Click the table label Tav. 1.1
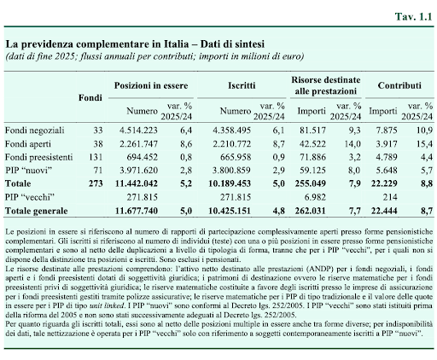click(413, 17)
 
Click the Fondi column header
click(90, 98)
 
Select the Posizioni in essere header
click(151, 85)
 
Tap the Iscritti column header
click(242, 85)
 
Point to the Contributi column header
click(399, 85)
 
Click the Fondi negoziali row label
click(35, 131)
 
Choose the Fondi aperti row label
click(28, 144)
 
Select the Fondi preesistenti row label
click(39, 157)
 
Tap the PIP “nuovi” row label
click(29, 171)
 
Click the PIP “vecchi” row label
click(30, 197)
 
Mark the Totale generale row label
click(37, 211)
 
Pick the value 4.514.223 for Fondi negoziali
click(138, 131)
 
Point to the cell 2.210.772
click(232, 143)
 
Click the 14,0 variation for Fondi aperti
click(353, 143)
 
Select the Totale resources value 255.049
click(311, 183)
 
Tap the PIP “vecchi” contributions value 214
click(390, 197)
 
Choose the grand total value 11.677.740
click(137, 211)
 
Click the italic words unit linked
click(107, 306)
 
